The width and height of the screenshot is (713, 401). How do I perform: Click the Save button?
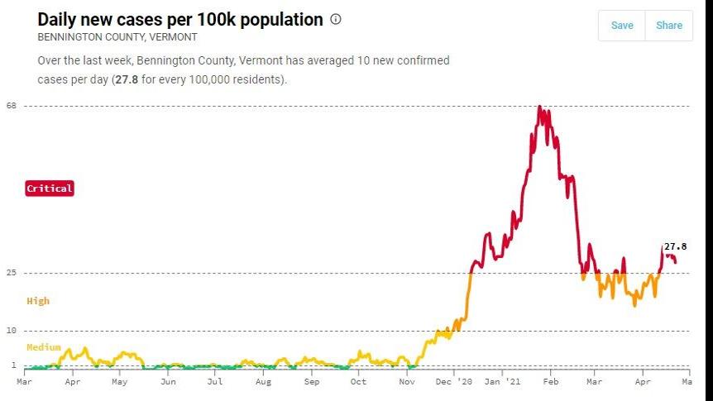click(x=621, y=26)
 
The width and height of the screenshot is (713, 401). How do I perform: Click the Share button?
click(x=668, y=26)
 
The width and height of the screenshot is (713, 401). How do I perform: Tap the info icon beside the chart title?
click(x=336, y=19)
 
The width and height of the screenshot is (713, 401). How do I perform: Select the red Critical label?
click(x=50, y=189)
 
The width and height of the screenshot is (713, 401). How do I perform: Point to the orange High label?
click(x=38, y=301)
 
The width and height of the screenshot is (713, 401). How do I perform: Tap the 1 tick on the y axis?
click(x=14, y=365)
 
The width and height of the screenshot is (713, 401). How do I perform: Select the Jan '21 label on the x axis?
click(x=503, y=383)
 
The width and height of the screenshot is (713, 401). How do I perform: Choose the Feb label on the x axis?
click(x=551, y=383)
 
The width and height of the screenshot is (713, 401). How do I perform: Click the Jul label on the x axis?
click(x=215, y=383)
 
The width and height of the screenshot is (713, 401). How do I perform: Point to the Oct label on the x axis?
click(x=358, y=383)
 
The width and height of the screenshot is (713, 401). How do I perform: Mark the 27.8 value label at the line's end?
click(x=676, y=246)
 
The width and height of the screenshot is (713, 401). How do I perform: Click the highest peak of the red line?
click(x=539, y=107)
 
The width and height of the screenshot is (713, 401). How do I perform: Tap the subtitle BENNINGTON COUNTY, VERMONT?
click(x=117, y=38)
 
